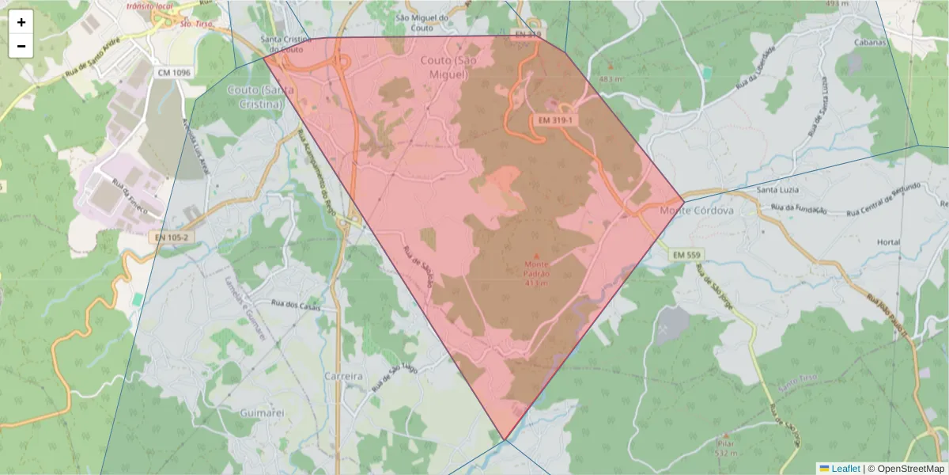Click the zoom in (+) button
(21, 22)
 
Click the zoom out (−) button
(21, 46)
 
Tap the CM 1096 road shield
(174, 73)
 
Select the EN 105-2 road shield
(171, 237)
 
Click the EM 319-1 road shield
(554, 120)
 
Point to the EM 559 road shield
(686, 255)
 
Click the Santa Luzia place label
(778, 190)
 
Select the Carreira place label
(343, 377)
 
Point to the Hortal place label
(889, 242)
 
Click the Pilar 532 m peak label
(725, 448)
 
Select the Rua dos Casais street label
(296, 305)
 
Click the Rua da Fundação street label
(800, 209)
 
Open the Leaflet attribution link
(839, 469)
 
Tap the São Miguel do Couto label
(422, 23)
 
